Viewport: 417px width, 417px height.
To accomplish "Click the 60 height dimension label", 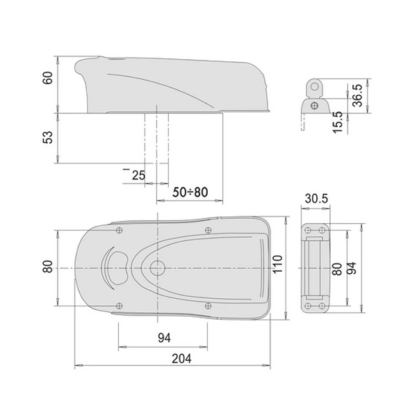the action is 48,78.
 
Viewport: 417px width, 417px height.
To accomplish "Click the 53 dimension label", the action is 48,138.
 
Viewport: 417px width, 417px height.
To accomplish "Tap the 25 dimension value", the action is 138,176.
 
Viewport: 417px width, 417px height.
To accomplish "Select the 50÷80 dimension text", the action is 190,193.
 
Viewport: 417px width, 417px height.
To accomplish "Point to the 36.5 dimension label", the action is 357,95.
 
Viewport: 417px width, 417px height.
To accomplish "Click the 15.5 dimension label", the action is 338,122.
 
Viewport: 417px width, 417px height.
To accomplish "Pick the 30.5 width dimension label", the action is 316,199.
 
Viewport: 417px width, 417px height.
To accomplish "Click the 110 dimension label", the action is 277,264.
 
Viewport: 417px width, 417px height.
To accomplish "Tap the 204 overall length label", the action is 181,359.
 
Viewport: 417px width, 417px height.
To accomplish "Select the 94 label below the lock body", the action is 164,338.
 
